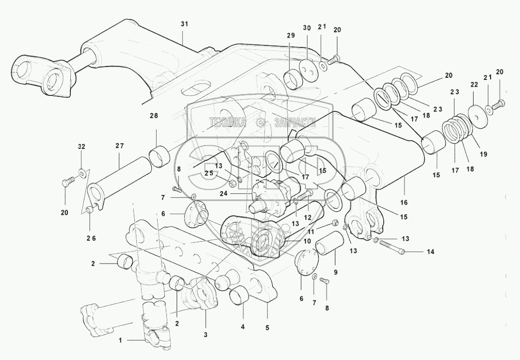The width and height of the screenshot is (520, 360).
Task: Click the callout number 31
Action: [x=184, y=24]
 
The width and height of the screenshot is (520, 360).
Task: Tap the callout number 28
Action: [x=154, y=116]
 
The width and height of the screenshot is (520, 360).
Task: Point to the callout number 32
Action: [x=81, y=146]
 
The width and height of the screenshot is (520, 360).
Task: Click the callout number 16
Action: [x=404, y=202]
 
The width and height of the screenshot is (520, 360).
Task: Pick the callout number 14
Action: [x=430, y=252]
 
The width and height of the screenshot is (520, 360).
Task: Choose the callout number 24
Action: [x=224, y=193]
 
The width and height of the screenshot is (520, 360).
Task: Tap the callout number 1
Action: [x=121, y=340]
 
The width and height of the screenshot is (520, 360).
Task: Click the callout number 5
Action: [x=267, y=328]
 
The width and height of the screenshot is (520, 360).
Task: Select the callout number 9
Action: [x=336, y=272]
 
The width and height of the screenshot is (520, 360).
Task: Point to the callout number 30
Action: [x=307, y=28]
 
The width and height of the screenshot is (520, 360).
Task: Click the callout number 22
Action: [x=474, y=84]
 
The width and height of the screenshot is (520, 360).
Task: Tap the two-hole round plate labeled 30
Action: [x=309, y=69]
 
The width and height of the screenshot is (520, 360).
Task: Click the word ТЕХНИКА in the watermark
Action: [x=227, y=123]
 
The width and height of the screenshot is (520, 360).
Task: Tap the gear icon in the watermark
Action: [x=260, y=123]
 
